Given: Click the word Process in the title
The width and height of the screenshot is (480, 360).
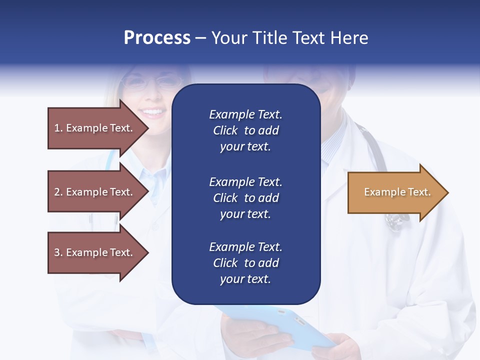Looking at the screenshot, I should (x=157, y=38).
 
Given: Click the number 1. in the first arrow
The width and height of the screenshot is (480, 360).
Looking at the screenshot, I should (x=58, y=128).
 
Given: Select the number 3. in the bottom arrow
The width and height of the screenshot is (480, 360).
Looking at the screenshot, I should (x=58, y=252).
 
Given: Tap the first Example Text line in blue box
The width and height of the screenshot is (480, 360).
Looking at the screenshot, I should (x=245, y=114).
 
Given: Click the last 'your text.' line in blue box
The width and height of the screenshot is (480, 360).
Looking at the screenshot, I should (x=245, y=279).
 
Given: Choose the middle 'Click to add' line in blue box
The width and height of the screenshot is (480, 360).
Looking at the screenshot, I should (x=245, y=198).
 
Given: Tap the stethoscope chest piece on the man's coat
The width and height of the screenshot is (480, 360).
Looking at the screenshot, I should (x=396, y=221).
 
